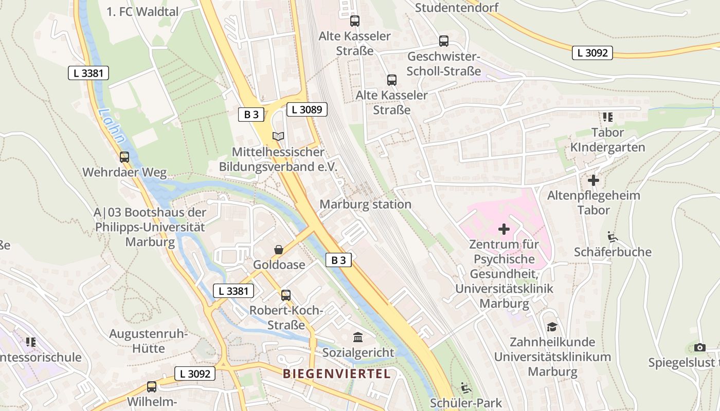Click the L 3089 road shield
(307, 109)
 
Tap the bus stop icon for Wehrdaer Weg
(124, 157)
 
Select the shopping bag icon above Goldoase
(279, 250)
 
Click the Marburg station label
(365, 204)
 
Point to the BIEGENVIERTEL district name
(337, 373)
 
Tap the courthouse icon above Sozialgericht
(357, 338)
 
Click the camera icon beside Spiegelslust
(699, 348)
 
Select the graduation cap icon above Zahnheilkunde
(552, 327)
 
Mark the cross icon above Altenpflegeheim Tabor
(593, 180)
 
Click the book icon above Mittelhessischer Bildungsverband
(278, 136)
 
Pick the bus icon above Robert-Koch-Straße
(286, 295)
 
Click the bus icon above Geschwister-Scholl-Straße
(444, 41)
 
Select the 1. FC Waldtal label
(142, 12)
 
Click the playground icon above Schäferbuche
(612, 237)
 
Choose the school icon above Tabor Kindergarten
(608, 117)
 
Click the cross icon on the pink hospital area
(504, 229)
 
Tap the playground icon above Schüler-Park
(466, 387)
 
